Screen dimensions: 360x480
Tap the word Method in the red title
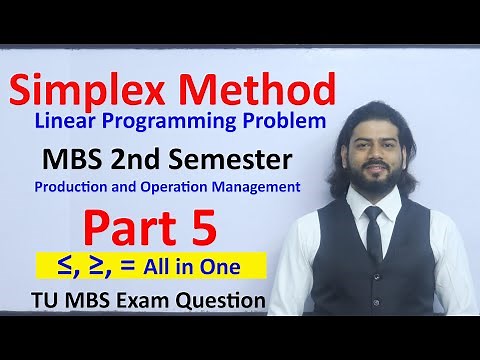click(x=263, y=91)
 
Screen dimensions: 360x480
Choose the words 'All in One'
click(x=217, y=266)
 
